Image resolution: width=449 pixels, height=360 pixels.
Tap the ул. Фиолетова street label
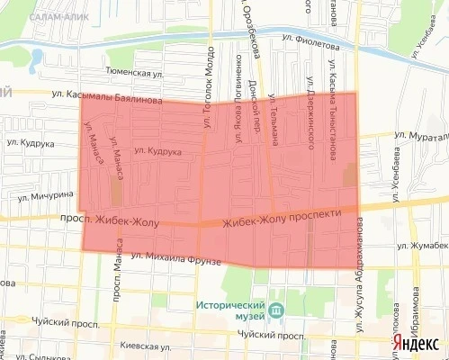pyautogui.click(x=308, y=41)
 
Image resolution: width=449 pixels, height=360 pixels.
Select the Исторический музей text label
pyautogui.click(x=229, y=311)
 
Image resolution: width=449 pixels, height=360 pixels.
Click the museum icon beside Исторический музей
pyautogui.click(x=274, y=310)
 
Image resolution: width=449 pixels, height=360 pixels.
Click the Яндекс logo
pyautogui.click(x=415, y=344)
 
